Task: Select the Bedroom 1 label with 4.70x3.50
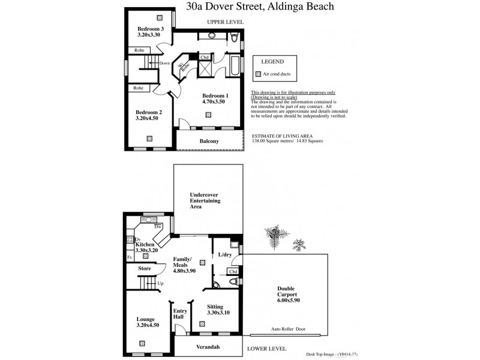click(x=215, y=99)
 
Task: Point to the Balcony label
click(x=209, y=141)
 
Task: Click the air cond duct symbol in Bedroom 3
click(x=160, y=17)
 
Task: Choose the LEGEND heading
click(x=272, y=62)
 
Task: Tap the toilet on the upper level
click(x=236, y=41)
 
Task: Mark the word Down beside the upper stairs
click(x=164, y=64)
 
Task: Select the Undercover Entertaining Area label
click(x=205, y=200)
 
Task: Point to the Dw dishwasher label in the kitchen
click(x=157, y=227)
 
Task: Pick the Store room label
click(x=144, y=268)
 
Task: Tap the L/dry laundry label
click(x=225, y=255)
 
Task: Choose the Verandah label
click(x=209, y=347)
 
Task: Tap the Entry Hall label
click(x=180, y=315)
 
